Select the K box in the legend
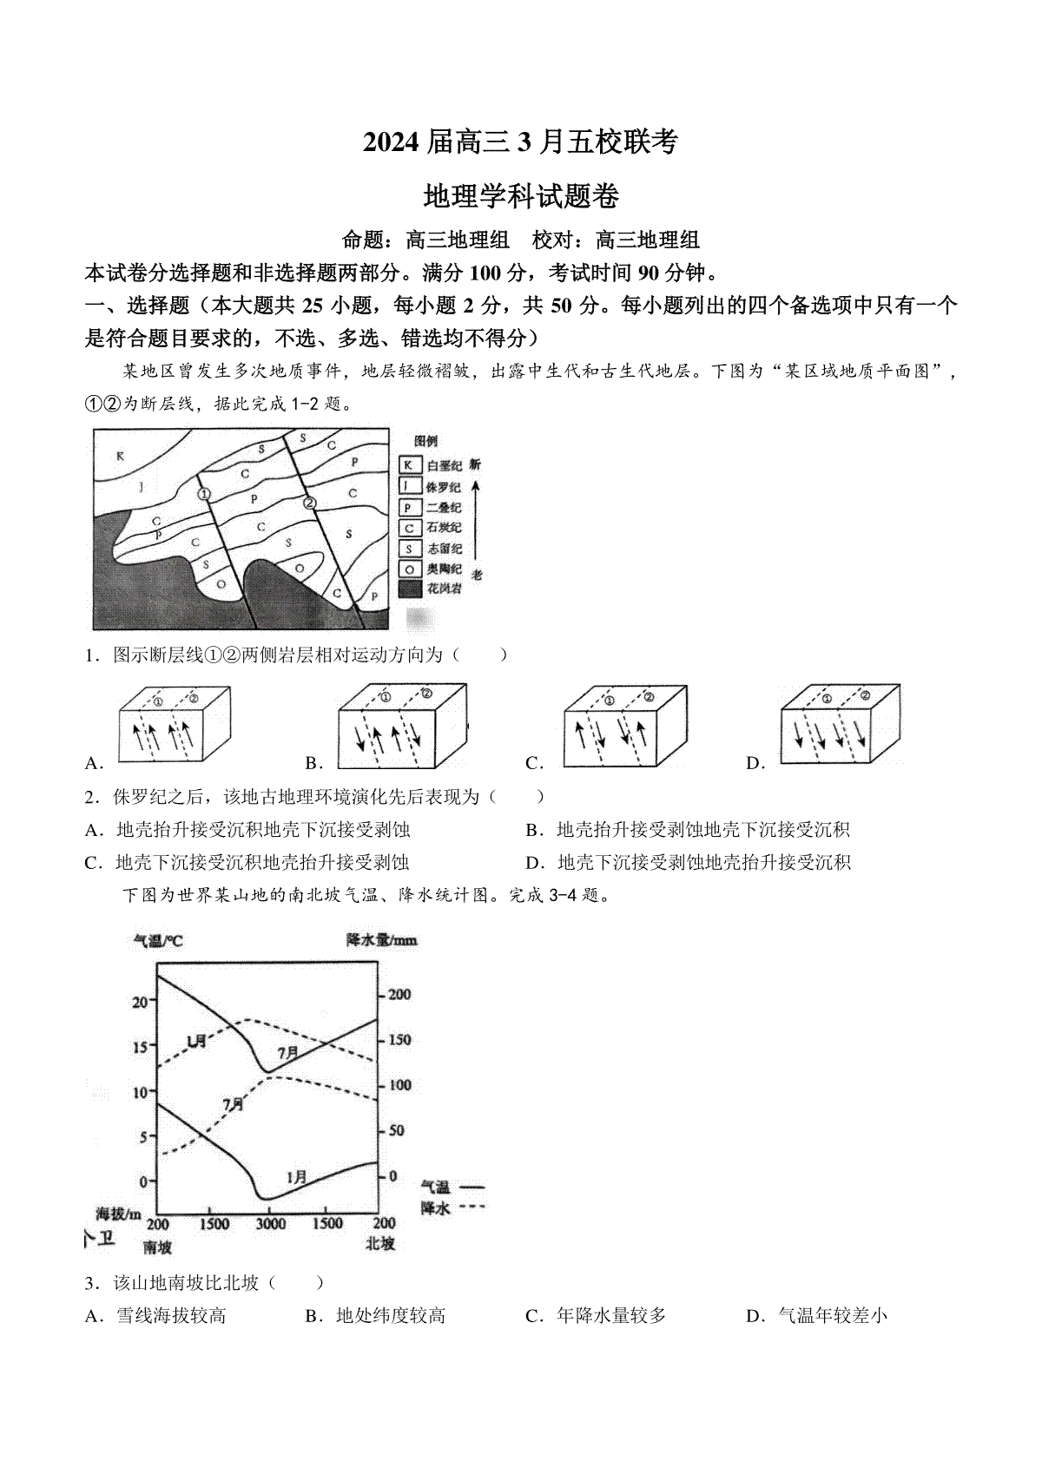tap(409, 466)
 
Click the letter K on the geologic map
tap(121, 456)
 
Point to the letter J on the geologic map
tap(140, 487)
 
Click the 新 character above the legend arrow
tap(475, 465)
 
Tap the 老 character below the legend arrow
tap(476, 574)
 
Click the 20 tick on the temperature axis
tap(140, 1001)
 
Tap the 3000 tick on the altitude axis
tap(270, 1224)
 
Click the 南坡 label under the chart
tap(157, 1247)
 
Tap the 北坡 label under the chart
tap(380, 1243)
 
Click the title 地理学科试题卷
tap(520, 196)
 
